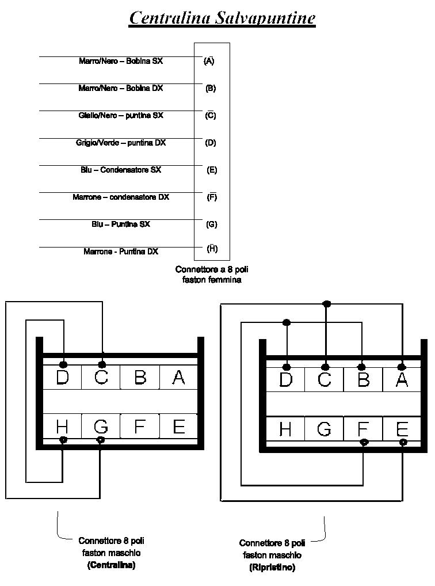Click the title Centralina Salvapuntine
222,18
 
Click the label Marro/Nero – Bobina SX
121,61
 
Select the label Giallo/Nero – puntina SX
121,116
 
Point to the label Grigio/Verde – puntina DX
121,143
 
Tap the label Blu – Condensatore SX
121,170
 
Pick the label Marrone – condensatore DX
121,197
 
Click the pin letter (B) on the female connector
211,88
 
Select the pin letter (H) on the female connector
212,249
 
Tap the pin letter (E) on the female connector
212,170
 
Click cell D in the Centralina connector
62,378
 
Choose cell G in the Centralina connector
101,427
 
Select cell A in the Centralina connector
178,378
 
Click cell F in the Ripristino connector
364,429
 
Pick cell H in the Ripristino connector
285,429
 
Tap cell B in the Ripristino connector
364,380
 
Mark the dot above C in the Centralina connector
102,364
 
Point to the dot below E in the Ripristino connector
403,442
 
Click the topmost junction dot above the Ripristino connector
326,303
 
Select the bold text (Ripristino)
272,568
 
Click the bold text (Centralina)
111,565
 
